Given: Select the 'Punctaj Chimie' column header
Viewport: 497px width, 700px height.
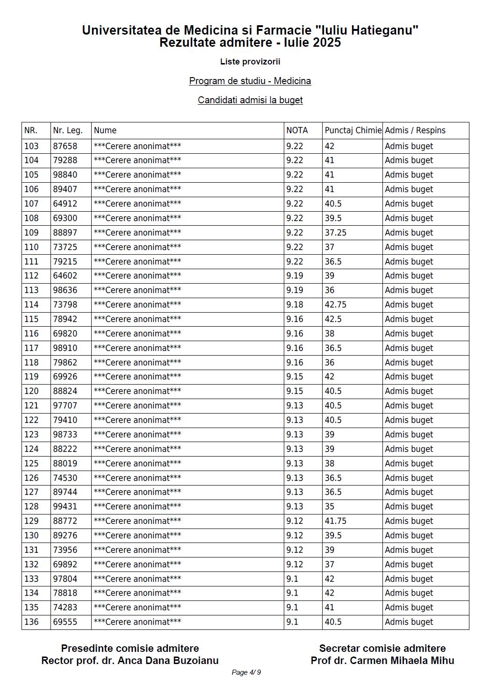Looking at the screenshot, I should click(353, 130).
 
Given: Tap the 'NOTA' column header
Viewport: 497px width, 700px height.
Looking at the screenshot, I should click(297, 130).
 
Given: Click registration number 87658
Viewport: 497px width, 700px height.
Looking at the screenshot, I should click(65, 146).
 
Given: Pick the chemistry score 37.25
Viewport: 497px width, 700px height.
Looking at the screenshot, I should click(335, 233).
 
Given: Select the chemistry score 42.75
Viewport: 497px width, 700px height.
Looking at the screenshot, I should click(335, 305).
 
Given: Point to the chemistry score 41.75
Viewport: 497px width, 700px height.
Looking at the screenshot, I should click(335, 521).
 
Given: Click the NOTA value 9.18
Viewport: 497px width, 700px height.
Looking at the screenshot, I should click(295, 305).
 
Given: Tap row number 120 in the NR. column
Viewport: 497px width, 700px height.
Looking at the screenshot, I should click(31, 391).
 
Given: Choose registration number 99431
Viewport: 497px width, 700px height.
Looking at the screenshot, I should click(65, 507).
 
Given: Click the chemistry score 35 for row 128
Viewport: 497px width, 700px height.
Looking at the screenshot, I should click(330, 507).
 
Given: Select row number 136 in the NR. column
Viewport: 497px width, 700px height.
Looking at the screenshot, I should click(31, 622).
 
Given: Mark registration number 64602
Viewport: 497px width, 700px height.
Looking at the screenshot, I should click(65, 276).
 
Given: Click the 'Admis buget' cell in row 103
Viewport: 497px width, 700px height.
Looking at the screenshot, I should click(409, 146).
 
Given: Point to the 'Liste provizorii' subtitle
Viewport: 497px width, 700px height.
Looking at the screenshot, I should click(250, 62).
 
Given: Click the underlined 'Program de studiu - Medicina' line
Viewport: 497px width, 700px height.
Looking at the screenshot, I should click(250, 81).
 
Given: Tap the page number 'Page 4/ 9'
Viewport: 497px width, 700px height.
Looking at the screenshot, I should click(246, 672).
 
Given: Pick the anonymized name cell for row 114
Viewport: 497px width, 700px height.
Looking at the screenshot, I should click(137, 305).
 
